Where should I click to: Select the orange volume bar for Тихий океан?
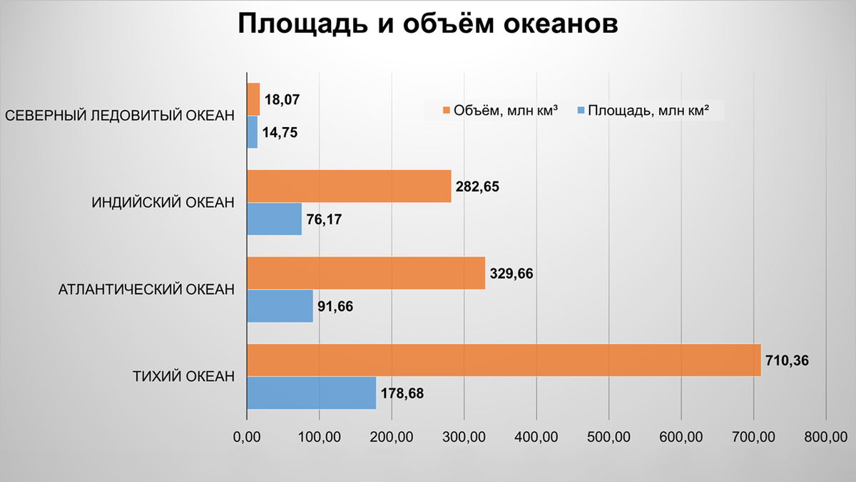(504, 360)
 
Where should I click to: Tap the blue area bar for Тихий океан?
(311, 393)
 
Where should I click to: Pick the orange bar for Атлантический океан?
(366, 273)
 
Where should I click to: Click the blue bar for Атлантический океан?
(280, 306)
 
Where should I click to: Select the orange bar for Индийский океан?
(349, 186)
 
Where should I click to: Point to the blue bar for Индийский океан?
(274, 219)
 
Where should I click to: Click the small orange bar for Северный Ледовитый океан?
(253, 99)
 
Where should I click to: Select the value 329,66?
(511, 273)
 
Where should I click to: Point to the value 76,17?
(325, 220)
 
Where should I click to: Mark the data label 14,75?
(280, 134)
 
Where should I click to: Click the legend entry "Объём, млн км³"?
(499, 110)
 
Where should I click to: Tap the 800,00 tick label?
(825, 436)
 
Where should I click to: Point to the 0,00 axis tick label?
(246, 436)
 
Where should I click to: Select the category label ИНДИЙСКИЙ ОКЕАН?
(163, 203)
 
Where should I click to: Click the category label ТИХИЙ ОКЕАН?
(184, 376)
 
